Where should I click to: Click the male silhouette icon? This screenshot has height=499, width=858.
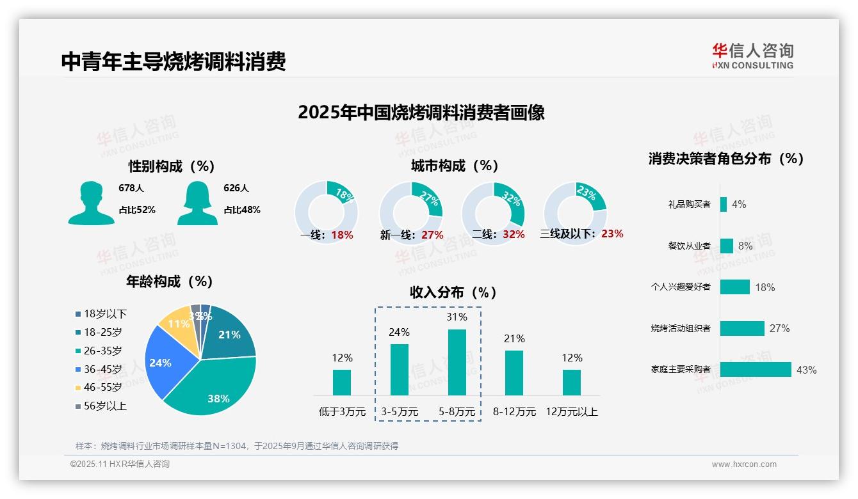coord(91,203)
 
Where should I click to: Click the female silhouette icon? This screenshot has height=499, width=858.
coord(197,203)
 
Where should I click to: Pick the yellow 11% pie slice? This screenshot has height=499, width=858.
coord(176,325)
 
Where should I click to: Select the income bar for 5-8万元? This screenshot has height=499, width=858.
coord(457,362)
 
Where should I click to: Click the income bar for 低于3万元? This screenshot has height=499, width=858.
coord(342,382)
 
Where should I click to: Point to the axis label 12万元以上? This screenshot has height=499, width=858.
coord(571,412)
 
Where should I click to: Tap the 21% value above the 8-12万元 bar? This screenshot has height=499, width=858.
coord(514,339)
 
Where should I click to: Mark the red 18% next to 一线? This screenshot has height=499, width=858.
coord(342,235)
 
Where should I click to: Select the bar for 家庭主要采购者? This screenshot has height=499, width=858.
coord(756,370)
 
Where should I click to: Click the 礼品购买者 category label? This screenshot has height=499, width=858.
coord(689,205)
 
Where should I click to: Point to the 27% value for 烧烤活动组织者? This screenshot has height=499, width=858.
coord(779,329)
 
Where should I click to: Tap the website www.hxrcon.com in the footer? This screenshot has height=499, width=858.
coord(744,464)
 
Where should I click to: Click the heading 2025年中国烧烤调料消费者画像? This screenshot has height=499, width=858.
coord(421,113)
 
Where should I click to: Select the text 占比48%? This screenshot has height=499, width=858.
coord(241,210)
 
